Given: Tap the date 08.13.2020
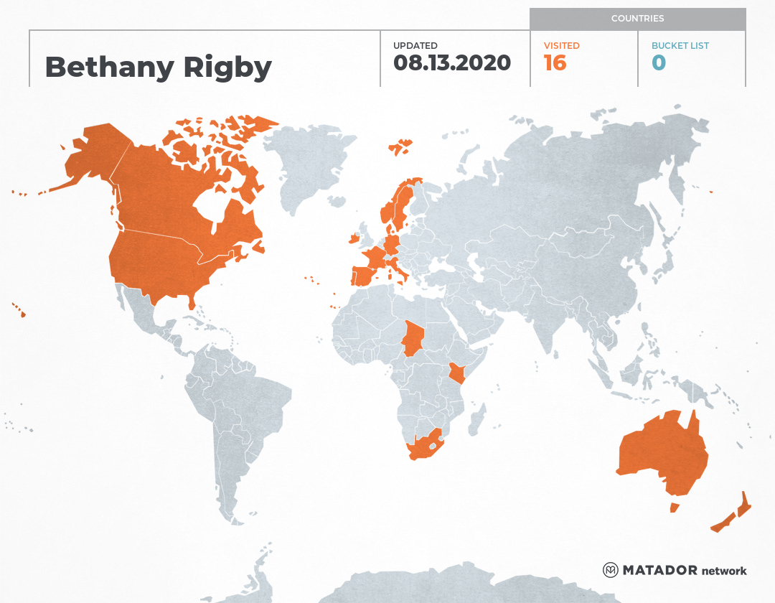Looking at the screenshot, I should tap(452, 63).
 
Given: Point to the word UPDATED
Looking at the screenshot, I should tap(415, 45).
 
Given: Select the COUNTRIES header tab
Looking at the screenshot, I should tap(637, 19).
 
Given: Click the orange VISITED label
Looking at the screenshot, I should tap(561, 45).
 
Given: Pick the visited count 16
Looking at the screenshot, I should tap(555, 63).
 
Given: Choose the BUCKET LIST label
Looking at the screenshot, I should tap(680, 45).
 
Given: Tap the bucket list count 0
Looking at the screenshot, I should tap(658, 63).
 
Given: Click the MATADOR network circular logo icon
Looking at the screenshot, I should tap(611, 570).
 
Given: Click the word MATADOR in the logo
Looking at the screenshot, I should tap(660, 571).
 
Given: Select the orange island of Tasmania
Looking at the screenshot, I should tap(674, 508).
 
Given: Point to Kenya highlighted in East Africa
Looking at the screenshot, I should tap(456, 374).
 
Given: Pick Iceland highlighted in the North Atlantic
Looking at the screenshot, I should tap(400, 147).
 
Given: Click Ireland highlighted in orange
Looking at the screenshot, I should tap(353, 238).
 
